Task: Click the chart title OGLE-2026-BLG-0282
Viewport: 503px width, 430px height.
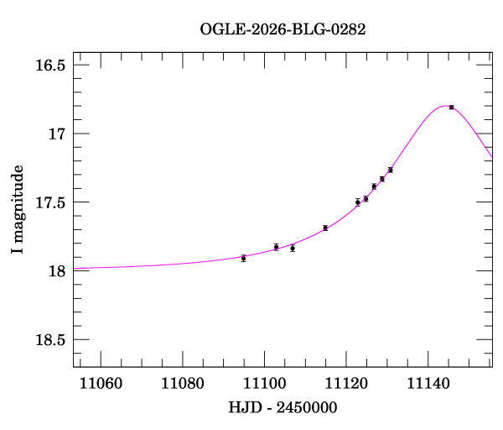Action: coord(283,29)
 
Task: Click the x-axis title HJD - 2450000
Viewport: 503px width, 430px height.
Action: coord(283,407)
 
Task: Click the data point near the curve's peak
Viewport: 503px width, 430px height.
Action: coord(451,107)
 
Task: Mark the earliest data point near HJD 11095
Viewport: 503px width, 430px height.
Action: coord(243,258)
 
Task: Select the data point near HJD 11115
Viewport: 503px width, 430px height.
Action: coord(325,228)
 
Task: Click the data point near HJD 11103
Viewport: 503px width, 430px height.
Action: coord(277,247)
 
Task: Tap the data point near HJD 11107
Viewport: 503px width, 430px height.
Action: coord(293,248)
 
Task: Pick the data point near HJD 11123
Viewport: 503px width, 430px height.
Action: coord(358,202)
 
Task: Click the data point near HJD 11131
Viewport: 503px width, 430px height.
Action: coord(391,170)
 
